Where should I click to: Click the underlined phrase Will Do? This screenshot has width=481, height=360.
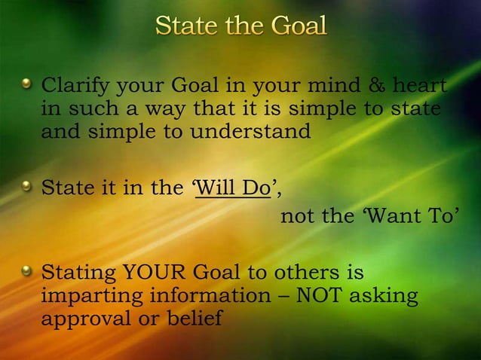(x=232, y=188)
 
